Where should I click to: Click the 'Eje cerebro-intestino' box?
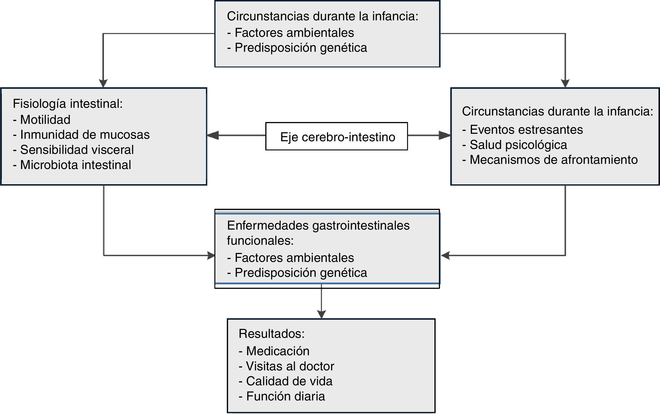337,136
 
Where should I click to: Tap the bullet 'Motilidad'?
45,120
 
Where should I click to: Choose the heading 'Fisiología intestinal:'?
68,104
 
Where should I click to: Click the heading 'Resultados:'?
272,334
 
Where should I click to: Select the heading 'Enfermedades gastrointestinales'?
318,226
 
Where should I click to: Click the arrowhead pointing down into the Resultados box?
321,314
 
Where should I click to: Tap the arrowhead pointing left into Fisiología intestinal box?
213,135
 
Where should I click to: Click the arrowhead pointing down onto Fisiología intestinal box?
103,83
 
